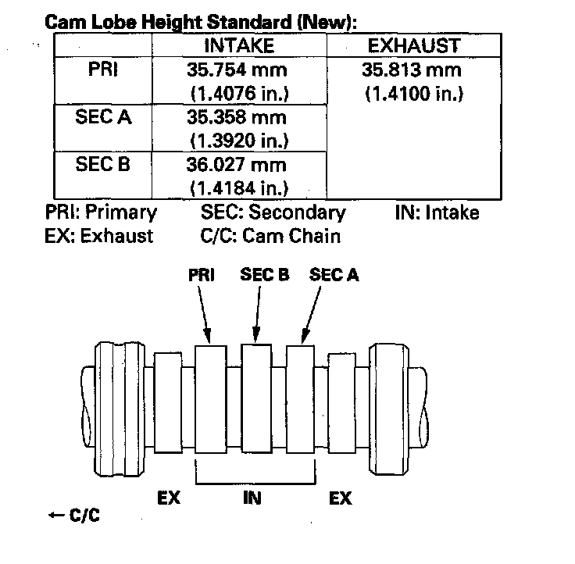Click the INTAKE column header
237,45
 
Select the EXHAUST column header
413,45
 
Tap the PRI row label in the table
103,70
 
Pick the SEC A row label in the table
103,117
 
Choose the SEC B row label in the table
103,165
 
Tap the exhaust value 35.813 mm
413,70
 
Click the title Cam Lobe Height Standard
201,22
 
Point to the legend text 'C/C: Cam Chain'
270,235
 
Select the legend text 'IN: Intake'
437,212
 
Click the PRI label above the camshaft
202,275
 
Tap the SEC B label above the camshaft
264,275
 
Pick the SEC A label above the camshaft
334,275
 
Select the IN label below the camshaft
252,497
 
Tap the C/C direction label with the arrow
73,515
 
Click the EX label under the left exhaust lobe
169,497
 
